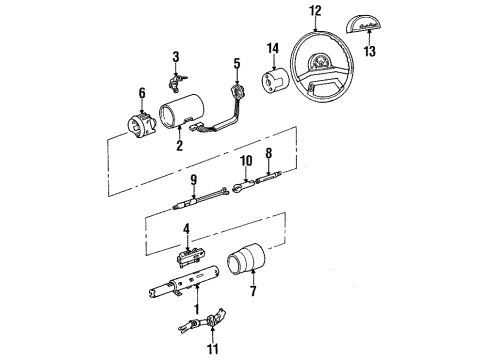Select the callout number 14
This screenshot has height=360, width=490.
pos(272,48)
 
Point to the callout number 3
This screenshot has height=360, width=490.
pos(174,56)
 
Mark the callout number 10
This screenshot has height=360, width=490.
pos(245,159)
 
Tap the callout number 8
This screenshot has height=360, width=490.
pos(267,153)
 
